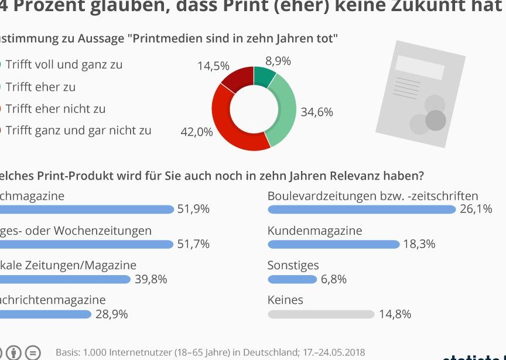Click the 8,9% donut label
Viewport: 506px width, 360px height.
point(278,61)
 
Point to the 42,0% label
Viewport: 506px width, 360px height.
point(197,132)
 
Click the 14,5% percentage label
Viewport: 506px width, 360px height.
point(213,66)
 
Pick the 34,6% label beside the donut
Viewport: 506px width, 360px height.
point(317,112)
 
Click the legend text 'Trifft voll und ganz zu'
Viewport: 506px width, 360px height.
point(64,64)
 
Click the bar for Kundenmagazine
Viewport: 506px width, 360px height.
point(333,244)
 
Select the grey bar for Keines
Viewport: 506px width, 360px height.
point(321,314)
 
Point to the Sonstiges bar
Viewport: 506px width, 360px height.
point(292,279)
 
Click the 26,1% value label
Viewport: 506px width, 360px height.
point(476,209)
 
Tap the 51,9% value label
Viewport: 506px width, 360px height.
point(193,209)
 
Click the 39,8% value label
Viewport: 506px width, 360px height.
point(151,279)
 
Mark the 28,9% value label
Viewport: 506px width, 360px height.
point(111,314)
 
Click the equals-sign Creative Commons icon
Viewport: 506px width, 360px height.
point(34,353)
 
